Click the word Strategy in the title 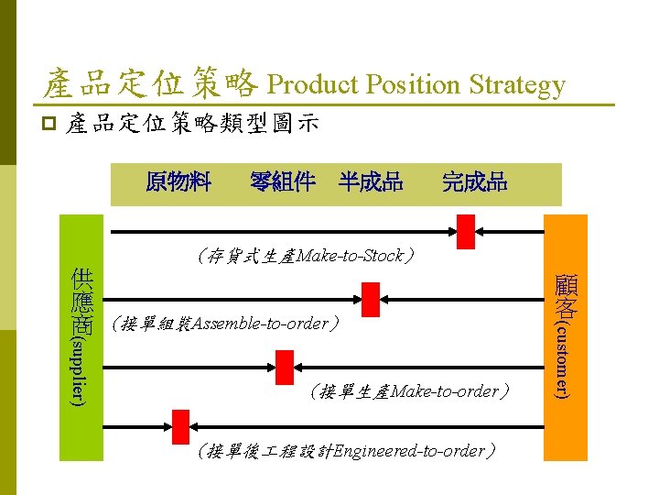pos(517,85)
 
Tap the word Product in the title pos(312,85)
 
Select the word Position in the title pos(415,85)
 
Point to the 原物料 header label pos(178,181)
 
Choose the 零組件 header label pos(283,181)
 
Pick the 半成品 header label pos(370,181)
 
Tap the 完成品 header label pos(474,181)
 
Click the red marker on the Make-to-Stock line pos(467,231)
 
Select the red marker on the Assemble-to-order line pos(371,299)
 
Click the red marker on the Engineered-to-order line pos(180,426)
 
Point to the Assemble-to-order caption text pos(224,324)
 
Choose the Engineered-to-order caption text pos(348,451)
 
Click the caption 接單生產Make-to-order pos(408,391)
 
